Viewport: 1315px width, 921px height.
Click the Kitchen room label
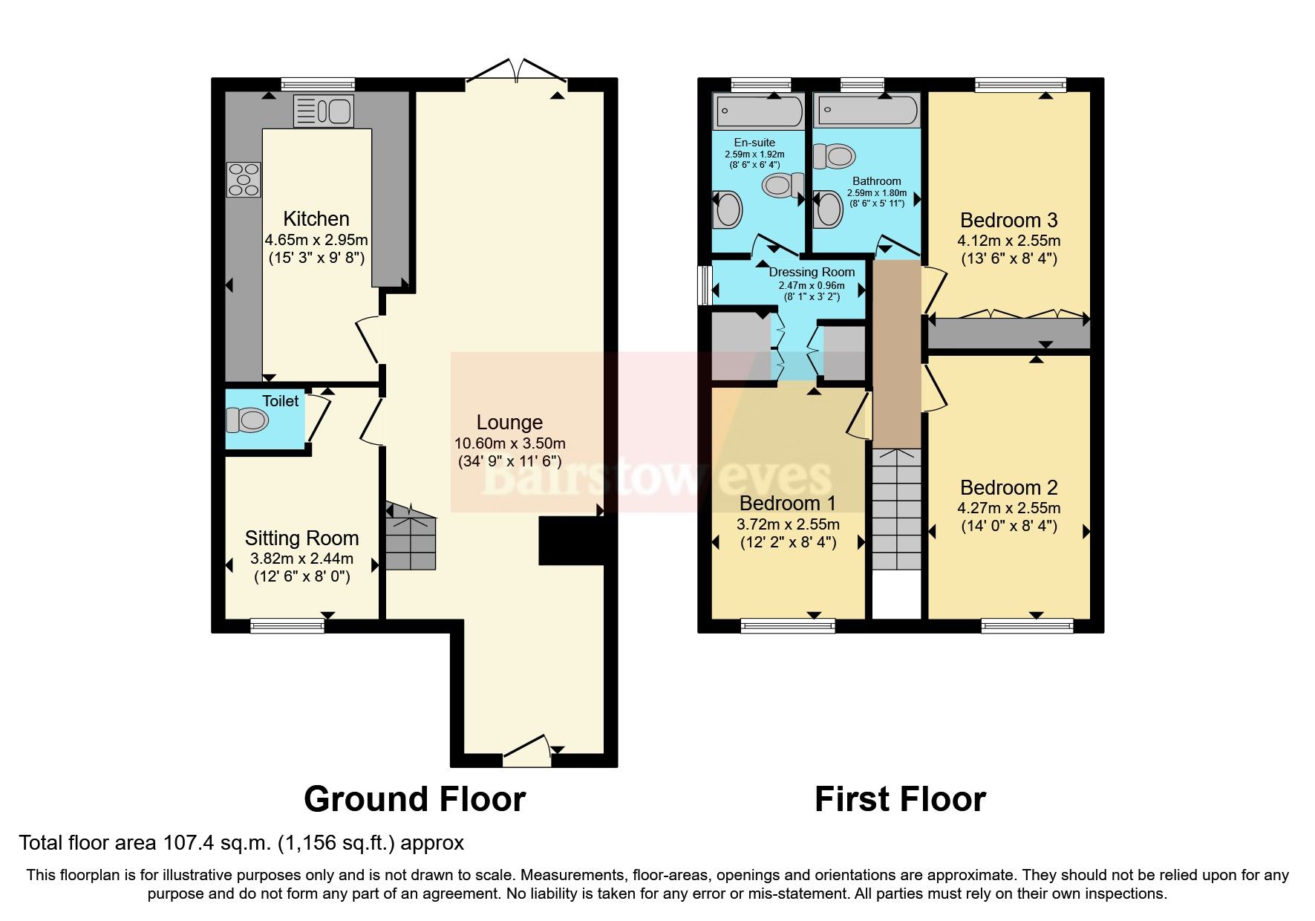tap(316, 219)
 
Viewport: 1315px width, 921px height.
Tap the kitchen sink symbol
tap(324, 111)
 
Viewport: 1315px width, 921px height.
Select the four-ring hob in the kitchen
tap(244, 179)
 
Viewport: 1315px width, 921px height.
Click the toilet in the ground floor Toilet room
tap(247, 421)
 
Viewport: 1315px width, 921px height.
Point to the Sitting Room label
tap(301, 538)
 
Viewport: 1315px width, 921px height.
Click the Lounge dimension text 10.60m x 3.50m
tap(509, 443)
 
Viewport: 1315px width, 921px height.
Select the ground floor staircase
tap(410, 538)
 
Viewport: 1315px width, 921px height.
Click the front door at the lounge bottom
tap(526, 752)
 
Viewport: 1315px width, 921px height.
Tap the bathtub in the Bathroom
tap(866, 112)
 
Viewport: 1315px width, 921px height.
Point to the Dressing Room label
tap(812, 272)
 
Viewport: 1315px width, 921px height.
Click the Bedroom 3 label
tap(1008, 221)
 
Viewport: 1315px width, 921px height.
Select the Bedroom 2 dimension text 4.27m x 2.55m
tap(1008, 509)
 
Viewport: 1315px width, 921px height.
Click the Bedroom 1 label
tap(787, 504)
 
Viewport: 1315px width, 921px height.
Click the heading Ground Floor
tap(414, 800)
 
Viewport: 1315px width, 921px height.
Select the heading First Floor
tap(900, 800)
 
